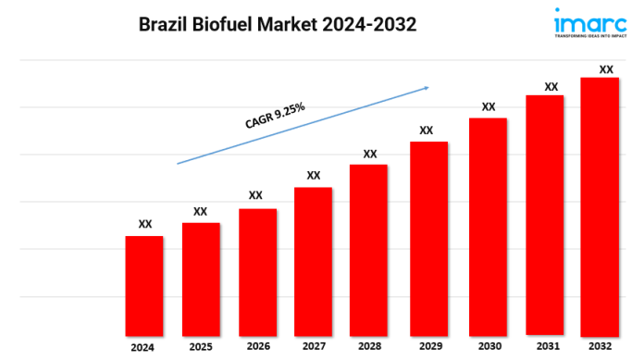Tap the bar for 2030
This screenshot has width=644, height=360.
point(488,226)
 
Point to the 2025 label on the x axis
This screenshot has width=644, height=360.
point(201,347)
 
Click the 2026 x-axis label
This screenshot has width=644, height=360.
point(258,346)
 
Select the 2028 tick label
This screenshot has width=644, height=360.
point(369,346)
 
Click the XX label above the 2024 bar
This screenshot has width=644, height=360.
point(145,224)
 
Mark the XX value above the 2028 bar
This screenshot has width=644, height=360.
point(370,154)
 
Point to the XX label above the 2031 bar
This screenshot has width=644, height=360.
point(551,87)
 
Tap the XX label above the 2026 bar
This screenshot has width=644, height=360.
point(255,195)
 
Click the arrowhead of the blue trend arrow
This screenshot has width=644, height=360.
point(426,88)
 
